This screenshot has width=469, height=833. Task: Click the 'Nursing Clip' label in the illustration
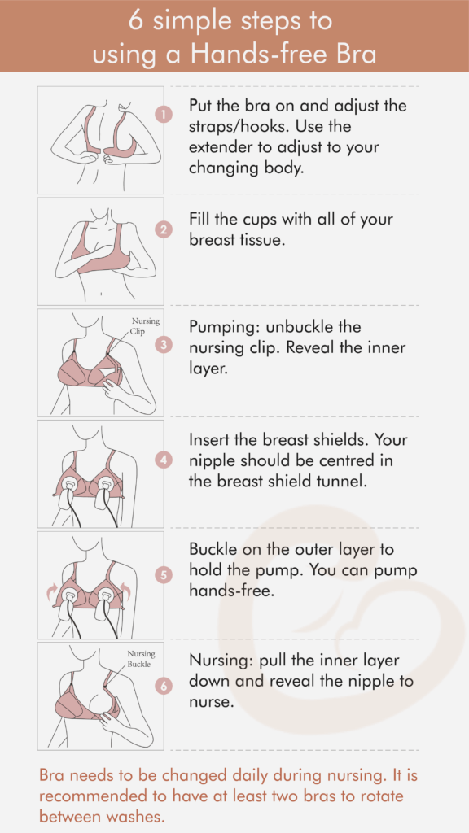click(146, 326)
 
